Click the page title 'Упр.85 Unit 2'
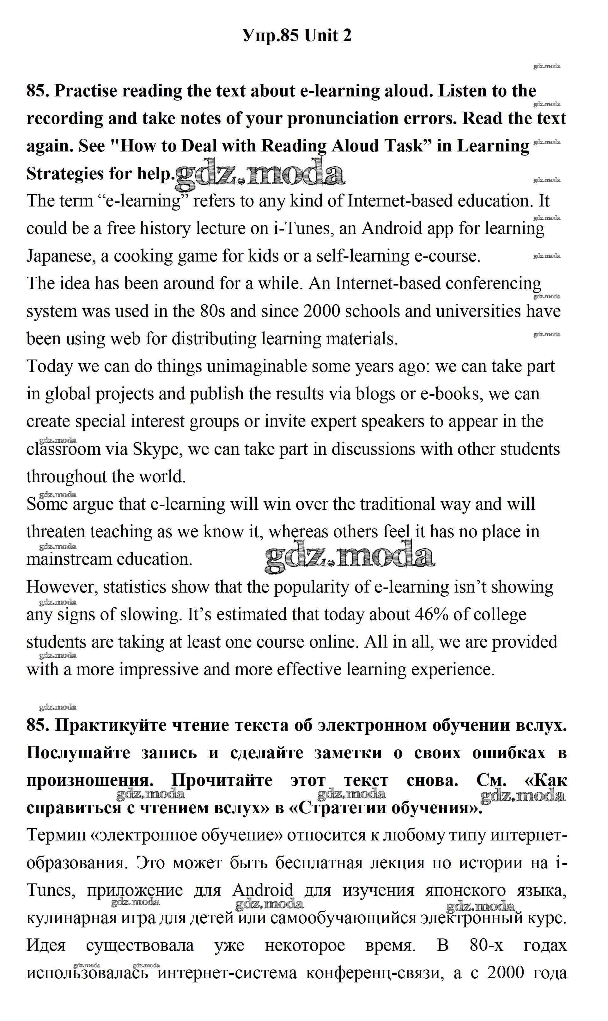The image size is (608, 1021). click(297, 36)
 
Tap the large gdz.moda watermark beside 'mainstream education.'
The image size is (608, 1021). click(350, 557)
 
